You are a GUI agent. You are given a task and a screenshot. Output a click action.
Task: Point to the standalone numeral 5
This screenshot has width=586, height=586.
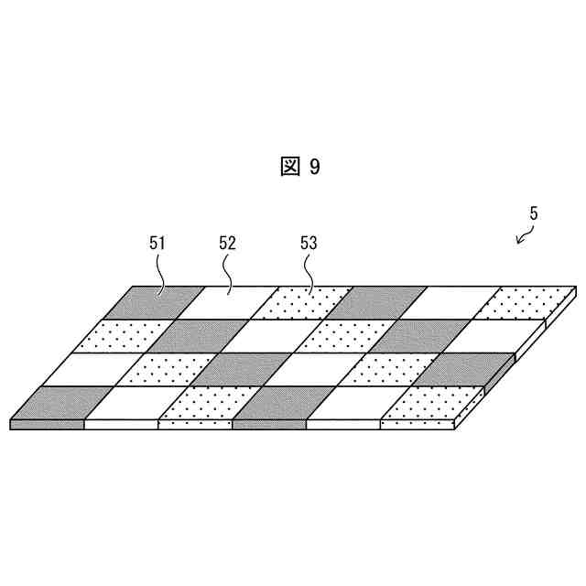pos(534,213)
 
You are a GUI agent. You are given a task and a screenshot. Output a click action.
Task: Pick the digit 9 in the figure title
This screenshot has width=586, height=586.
pos(315,167)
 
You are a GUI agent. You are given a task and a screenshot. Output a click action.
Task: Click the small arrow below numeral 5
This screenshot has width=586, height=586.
pos(524,238)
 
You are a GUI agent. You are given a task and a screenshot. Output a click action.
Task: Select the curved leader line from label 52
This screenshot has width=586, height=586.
pos(229,272)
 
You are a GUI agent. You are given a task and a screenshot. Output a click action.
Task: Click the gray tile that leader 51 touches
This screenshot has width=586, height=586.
pos(162,302)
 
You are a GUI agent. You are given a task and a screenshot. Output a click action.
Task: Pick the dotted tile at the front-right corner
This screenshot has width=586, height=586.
pos(423,402)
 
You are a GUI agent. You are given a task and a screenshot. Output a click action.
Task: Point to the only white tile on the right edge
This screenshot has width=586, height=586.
pos(499,336)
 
